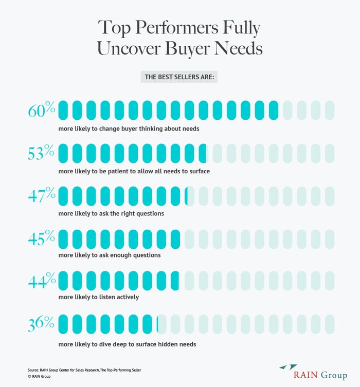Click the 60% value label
tap(42, 110)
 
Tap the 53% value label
tap(42, 153)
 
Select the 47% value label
tap(42, 196)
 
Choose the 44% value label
tap(42, 281)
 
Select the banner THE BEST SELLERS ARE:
tap(179, 77)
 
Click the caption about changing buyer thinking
tap(129, 128)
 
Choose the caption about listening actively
tap(99, 297)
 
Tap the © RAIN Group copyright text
tap(39, 377)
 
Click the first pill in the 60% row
tap(63, 110)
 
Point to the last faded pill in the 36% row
tap(329, 324)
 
